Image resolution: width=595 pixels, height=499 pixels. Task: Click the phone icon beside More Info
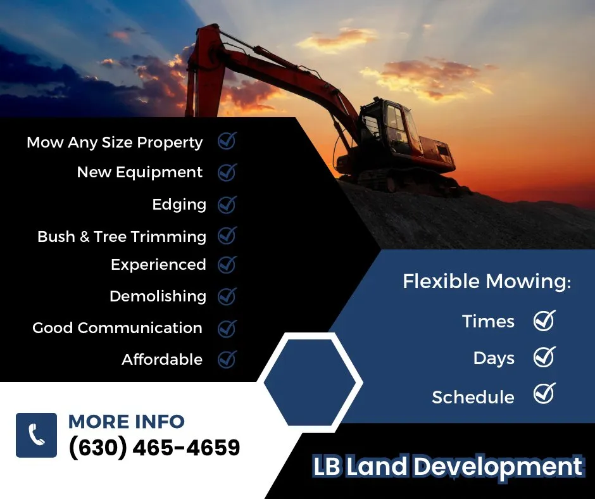click(36, 435)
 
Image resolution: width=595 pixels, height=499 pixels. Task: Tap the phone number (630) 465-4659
click(154, 448)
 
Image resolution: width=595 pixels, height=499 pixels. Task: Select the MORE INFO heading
click(126, 421)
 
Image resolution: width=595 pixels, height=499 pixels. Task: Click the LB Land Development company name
click(448, 467)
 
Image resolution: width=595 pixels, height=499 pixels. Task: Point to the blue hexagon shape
click(310, 382)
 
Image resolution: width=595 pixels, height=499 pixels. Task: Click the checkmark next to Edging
click(227, 205)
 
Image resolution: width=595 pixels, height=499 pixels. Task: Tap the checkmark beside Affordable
click(227, 360)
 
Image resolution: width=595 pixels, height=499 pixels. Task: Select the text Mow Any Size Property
click(115, 142)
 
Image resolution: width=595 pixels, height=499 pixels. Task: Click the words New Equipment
click(139, 172)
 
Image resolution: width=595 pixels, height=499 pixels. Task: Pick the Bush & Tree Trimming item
click(122, 236)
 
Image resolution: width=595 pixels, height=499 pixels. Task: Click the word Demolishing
click(158, 296)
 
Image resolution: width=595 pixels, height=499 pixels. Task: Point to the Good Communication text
click(117, 328)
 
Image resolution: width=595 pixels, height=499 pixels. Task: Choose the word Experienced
click(158, 265)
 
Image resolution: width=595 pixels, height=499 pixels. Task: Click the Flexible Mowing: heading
click(486, 282)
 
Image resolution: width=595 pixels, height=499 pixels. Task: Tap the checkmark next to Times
click(544, 320)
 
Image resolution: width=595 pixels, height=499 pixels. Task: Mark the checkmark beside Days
click(544, 358)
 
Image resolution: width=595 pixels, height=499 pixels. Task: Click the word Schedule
click(473, 397)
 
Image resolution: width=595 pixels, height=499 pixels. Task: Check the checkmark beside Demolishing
click(227, 296)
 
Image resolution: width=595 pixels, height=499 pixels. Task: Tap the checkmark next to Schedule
click(544, 395)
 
